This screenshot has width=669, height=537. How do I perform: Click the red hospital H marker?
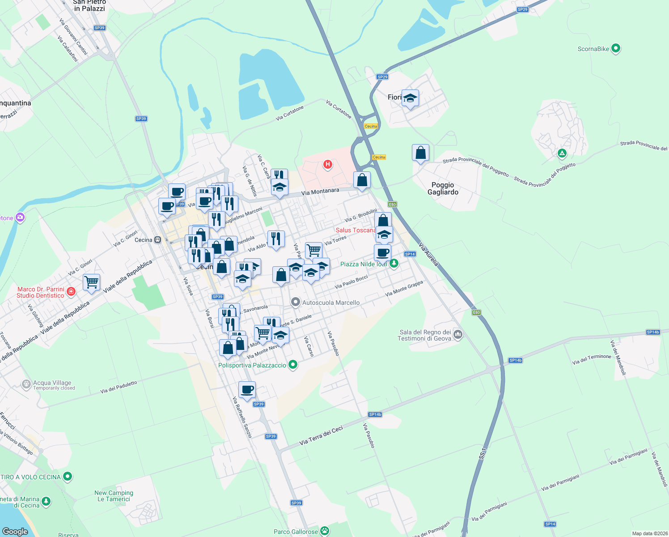328,165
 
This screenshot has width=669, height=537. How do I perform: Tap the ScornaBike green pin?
616,48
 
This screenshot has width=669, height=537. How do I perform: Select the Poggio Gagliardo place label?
443,188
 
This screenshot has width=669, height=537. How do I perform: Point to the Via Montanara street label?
320,192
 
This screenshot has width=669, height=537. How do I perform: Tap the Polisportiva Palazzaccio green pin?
293,365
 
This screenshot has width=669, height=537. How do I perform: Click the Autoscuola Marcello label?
330,303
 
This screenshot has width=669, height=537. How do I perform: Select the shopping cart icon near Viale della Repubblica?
92,282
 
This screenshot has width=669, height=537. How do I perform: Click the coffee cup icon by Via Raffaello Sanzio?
247,389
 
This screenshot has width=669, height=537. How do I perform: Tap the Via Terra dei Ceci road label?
321,435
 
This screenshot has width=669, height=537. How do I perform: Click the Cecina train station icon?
157,240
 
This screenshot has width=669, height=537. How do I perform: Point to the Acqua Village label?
52,383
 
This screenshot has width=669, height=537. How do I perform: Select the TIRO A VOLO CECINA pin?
68,477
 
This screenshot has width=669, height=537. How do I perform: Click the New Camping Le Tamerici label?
114,496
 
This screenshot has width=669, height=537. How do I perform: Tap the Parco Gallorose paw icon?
325,531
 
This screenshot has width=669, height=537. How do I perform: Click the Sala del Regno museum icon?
458,334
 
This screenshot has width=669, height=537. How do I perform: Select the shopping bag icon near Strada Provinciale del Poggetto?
420,153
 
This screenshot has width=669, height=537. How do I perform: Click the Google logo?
15,531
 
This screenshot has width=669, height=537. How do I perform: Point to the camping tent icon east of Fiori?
562,153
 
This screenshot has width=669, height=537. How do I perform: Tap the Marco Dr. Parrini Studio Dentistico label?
41,292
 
